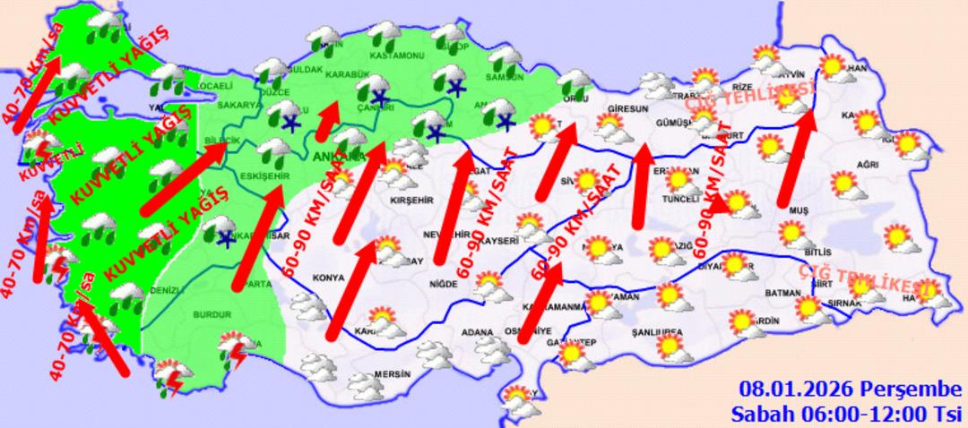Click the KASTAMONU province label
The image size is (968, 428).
[x=400, y=56]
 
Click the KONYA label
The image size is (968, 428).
[x=328, y=277]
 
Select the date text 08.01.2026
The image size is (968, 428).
[x=795, y=390]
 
